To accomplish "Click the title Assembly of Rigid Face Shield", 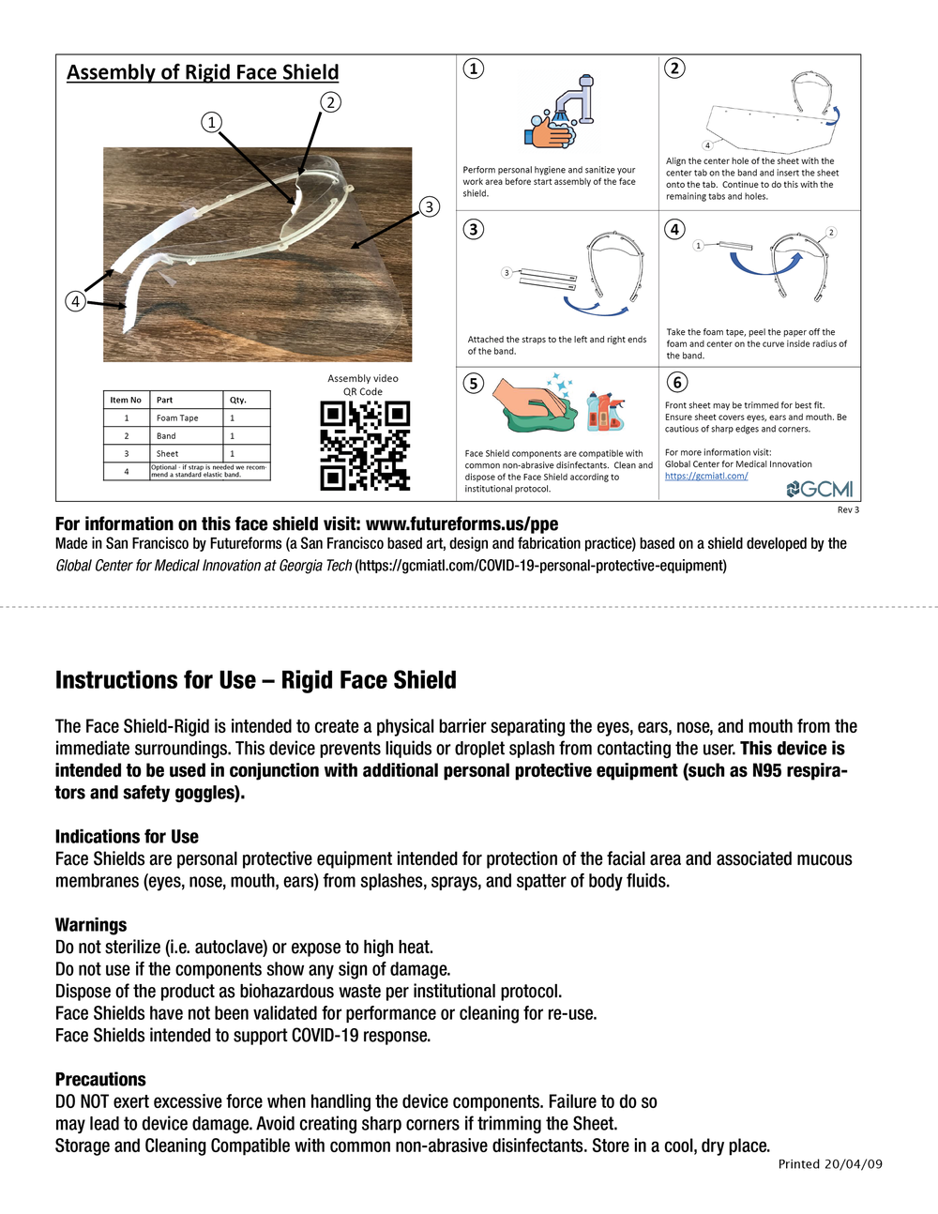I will (x=203, y=72).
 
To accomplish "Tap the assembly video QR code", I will (x=365, y=446).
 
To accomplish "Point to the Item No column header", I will (x=126, y=400).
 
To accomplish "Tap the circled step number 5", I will (x=475, y=383).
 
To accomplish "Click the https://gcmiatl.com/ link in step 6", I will (x=706, y=476).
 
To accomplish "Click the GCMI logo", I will (x=820, y=489).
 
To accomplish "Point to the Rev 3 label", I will (x=848, y=510).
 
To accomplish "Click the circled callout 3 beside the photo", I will (x=429, y=206).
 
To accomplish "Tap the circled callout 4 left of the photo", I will (x=76, y=301).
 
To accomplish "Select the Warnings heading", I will (x=91, y=925).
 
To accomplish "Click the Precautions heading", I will (x=100, y=1080).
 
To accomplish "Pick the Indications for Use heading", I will (x=127, y=837).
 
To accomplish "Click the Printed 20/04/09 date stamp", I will (x=830, y=1164).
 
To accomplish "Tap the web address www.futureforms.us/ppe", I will (x=461, y=524).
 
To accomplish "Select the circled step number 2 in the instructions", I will (x=674, y=68).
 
